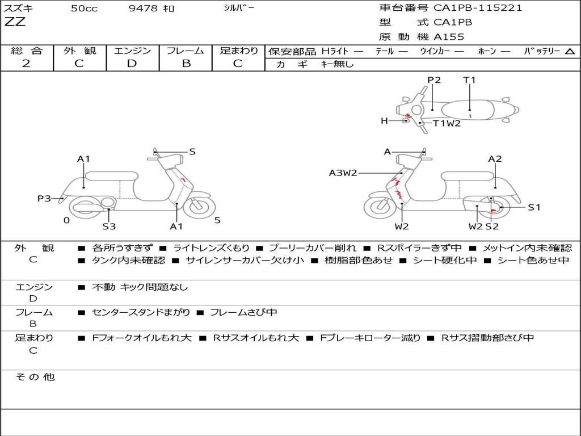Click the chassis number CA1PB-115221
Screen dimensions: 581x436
pos(478,8)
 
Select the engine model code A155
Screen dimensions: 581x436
pos(449,37)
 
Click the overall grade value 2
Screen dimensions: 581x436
pos(26,64)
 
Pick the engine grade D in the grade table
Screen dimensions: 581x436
pos(132,64)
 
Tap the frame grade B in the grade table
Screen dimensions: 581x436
pos(186,64)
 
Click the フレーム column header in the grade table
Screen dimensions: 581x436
pos(186,51)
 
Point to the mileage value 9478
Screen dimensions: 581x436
pos(144,9)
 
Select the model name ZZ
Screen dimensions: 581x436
pos(15,23)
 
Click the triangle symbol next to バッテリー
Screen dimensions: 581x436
pos(570,51)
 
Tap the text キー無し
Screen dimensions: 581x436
pos(337,64)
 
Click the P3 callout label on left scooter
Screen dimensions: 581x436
pos(44,199)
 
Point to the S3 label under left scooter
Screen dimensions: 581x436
pos(109,227)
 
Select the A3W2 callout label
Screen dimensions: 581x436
pos(343,173)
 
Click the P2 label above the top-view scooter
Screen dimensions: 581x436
pos(434,80)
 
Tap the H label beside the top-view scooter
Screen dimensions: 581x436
pos(384,121)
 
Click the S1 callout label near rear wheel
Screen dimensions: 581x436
pos(534,208)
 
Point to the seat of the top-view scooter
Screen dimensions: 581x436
pos(470,108)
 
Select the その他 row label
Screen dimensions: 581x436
pos(35,377)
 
